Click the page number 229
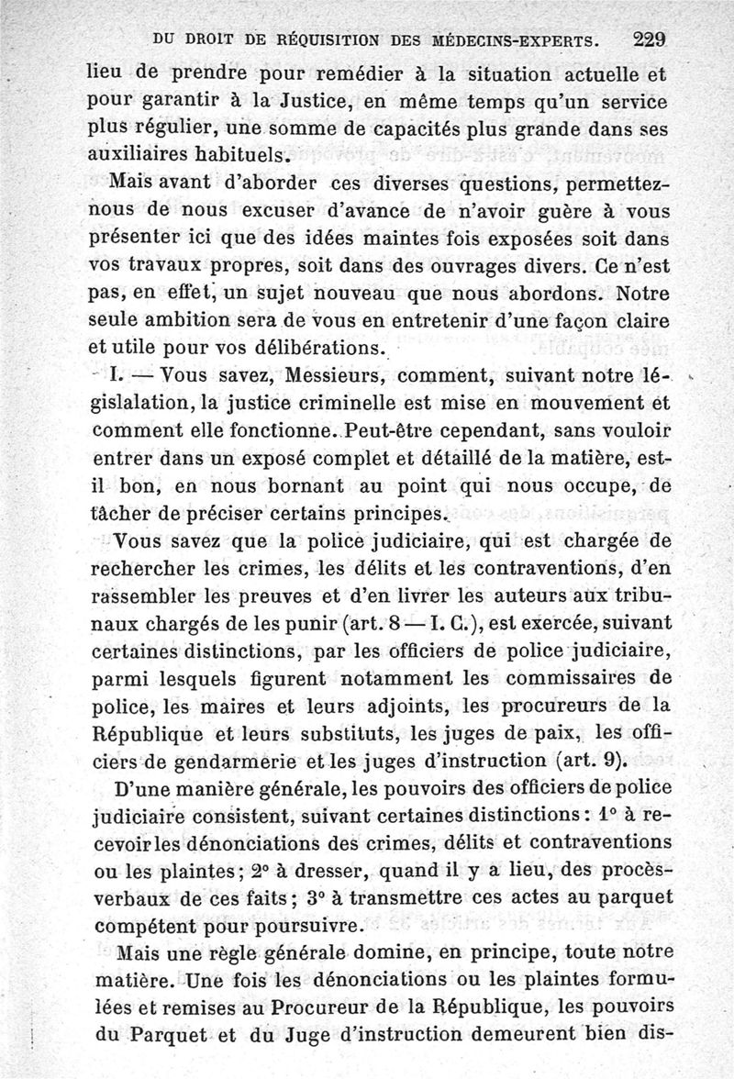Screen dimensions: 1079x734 (648, 40)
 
